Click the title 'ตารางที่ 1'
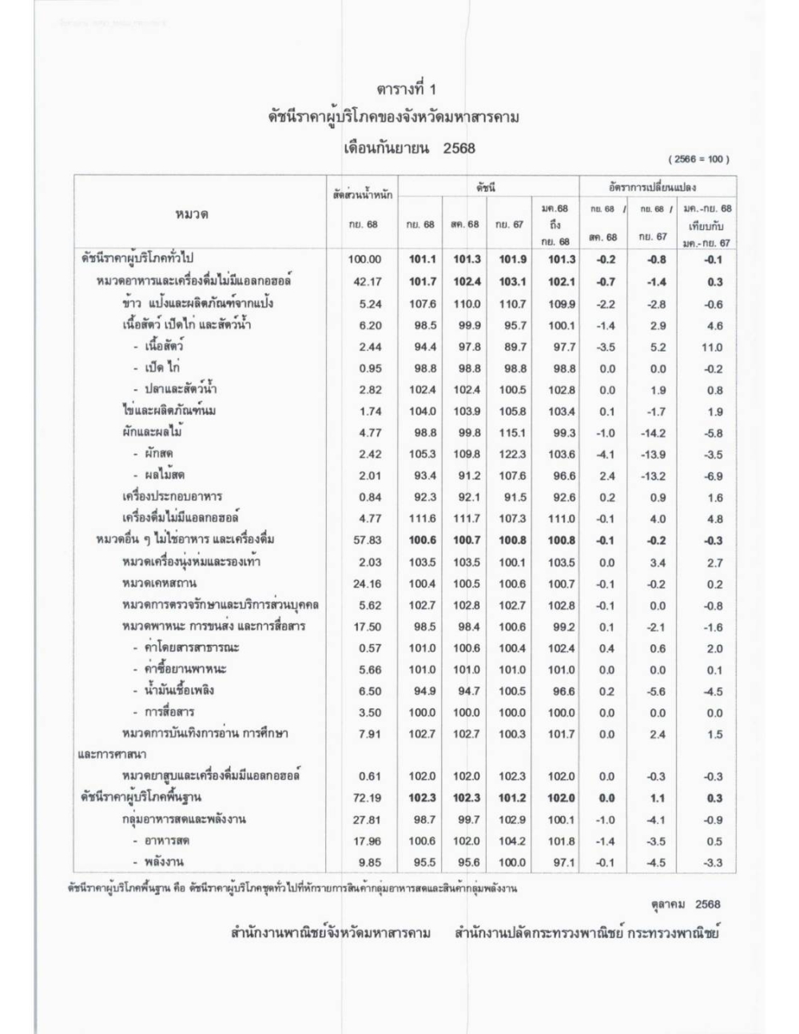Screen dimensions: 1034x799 tap(407, 89)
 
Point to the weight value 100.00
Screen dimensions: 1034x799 tap(364, 260)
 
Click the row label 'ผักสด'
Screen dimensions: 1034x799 tap(159, 453)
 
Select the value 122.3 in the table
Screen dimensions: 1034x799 tap(512, 454)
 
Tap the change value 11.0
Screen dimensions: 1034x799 tap(711, 347)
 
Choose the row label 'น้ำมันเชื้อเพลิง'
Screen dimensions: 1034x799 tap(179, 690)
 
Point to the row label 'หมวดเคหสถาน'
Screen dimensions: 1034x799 tap(159, 583)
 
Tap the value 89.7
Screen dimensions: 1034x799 tap(512, 347)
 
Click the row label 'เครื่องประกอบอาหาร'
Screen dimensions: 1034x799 tap(172, 496)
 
